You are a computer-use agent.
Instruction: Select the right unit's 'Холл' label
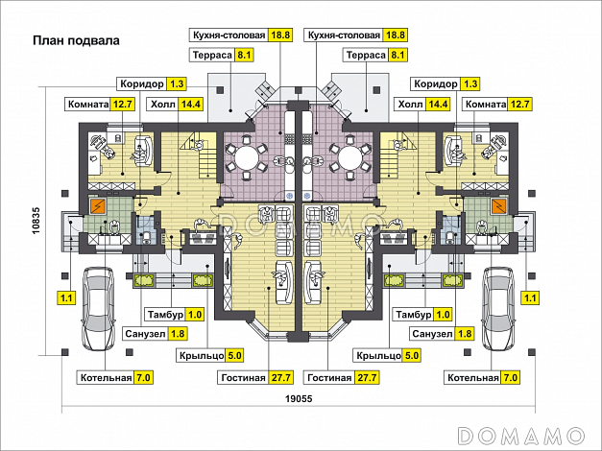pos(410,105)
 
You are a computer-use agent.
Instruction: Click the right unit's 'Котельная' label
pos(471,378)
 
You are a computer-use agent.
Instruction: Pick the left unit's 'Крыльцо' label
pos(200,356)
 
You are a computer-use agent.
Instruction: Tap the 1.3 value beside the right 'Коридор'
pos(470,83)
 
